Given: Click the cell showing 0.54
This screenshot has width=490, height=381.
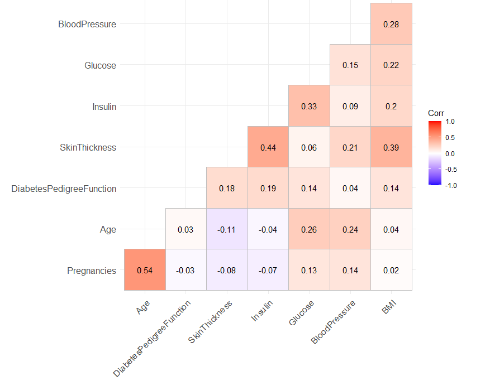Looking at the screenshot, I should pyautogui.click(x=145, y=270).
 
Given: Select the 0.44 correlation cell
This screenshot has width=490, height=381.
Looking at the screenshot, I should pyautogui.click(x=268, y=147).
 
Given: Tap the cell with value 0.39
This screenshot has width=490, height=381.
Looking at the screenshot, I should pyautogui.click(x=391, y=147).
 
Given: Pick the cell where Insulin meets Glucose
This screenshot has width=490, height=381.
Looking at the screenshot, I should pyautogui.click(x=309, y=106).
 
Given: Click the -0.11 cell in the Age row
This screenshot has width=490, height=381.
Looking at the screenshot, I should pyautogui.click(x=227, y=229).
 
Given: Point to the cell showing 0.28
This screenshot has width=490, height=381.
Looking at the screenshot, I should pyautogui.click(x=391, y=24).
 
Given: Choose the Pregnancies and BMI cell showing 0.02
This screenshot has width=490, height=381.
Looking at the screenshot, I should pyautogui.click(x=391, y=270).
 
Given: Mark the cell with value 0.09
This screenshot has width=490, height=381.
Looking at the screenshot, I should pyautogui.click(x=350, y=106).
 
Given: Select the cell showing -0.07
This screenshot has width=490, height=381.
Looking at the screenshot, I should pyautogui.click(x=268, y=270).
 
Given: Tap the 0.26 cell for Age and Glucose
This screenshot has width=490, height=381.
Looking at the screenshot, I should pyautogui.click(x=309, y=229).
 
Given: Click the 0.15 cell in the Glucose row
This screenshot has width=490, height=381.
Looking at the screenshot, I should pyautogui.click(x=350, y=65).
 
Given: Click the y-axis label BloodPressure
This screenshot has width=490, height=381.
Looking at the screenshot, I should pyautogui.click(x=87, y=25).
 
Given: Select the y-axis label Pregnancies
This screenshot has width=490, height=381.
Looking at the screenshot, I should pyautogui.click(x=92, y=271).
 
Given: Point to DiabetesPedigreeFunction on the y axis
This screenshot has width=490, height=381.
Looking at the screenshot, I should pyautogui.click(x=64, y=189).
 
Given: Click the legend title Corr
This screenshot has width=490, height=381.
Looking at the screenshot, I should pyautogui.click(x=436, y=113).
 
